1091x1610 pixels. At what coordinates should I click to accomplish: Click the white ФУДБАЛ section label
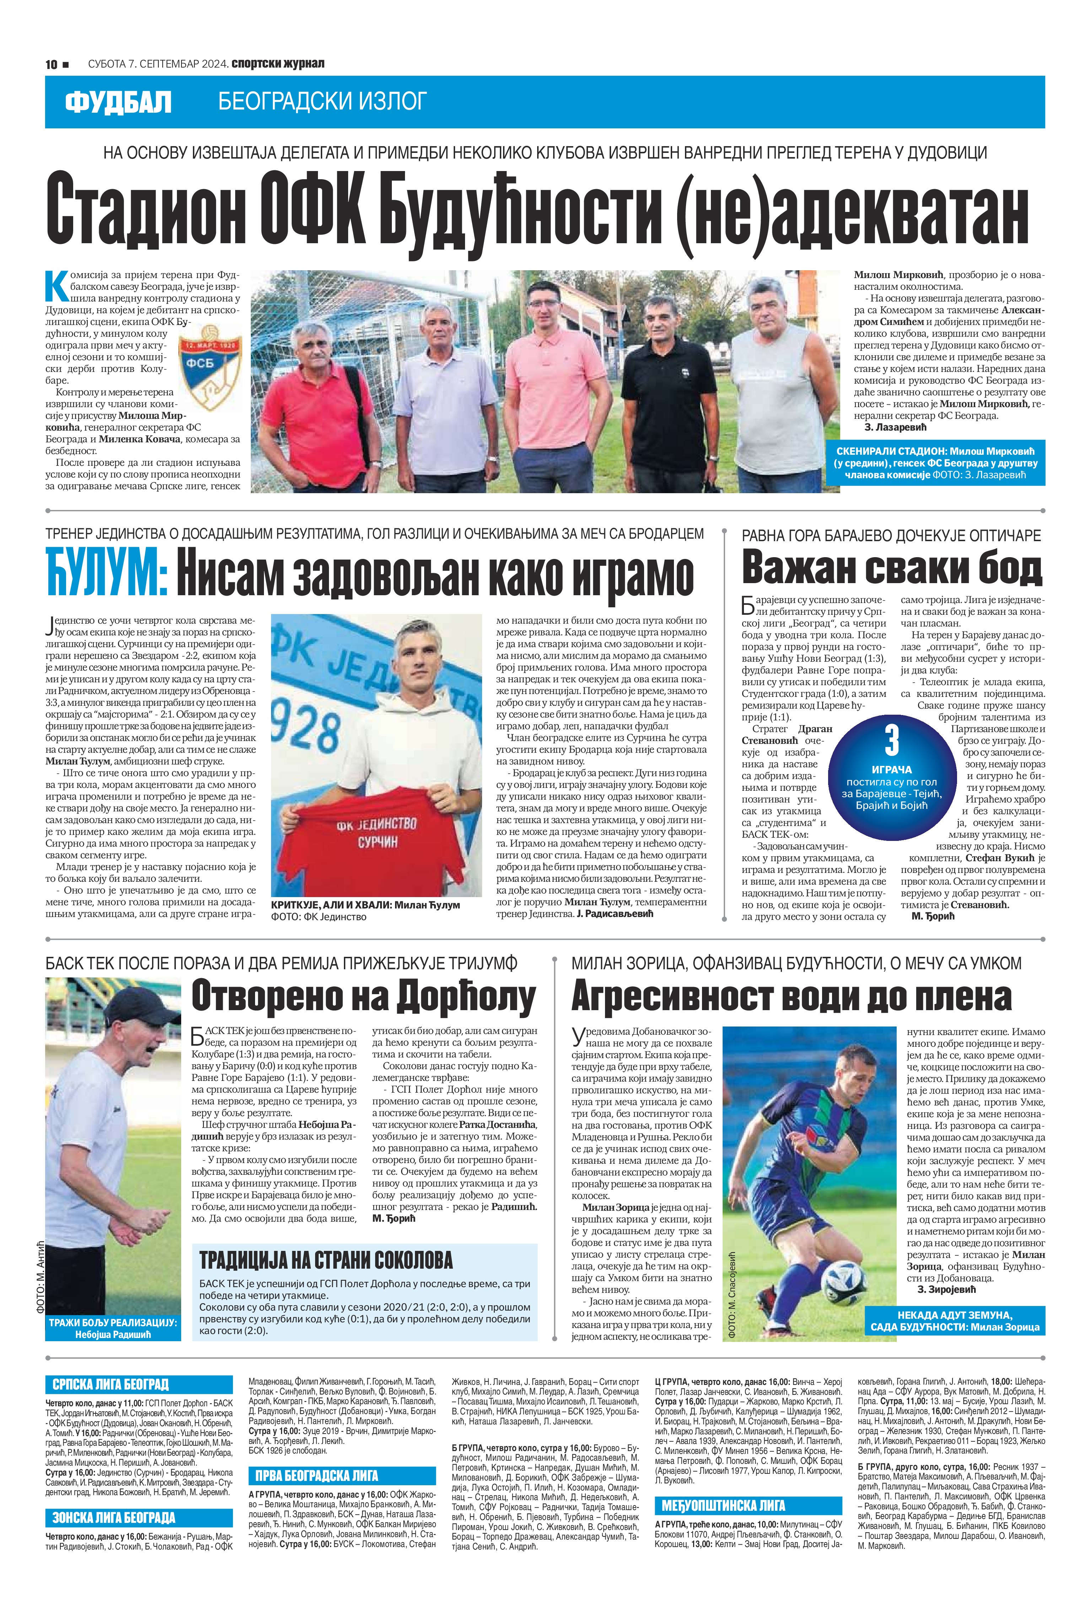tap(118, 102)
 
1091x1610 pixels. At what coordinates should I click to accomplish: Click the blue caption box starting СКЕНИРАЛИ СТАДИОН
tap(936, 463)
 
